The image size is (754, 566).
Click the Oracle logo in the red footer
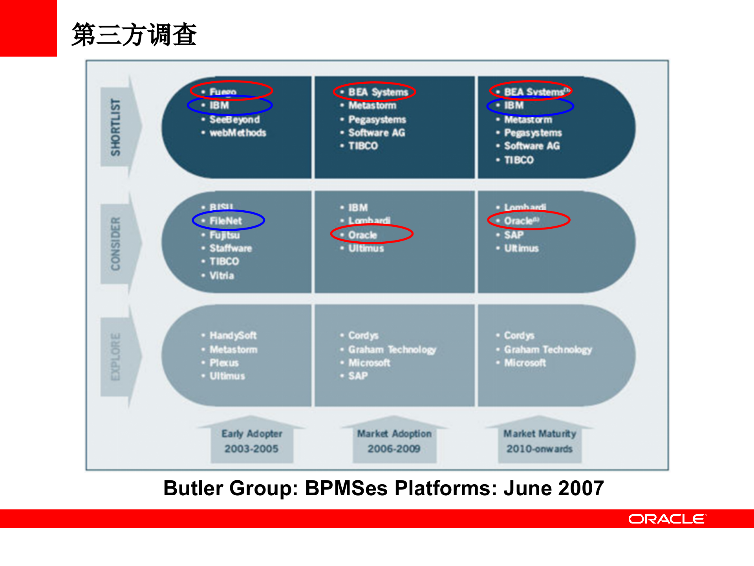click(666, 519)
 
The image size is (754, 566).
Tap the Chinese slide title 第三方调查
click(134, 35)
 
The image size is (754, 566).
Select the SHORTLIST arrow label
click(115, 127)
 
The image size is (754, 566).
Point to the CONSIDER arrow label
click(115, 243)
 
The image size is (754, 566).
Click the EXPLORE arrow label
click(115, 357)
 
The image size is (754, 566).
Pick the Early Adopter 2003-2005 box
click(252, 441)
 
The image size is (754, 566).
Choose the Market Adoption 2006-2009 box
click(394, 441)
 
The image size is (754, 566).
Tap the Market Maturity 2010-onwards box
click(540, 441)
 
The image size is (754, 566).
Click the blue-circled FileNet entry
click(226, 221)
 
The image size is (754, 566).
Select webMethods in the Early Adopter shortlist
click(238, 133)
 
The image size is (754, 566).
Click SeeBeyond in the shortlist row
click(234, 119)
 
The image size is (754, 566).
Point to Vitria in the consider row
click(222, 276)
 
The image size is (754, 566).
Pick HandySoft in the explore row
click(233, 335)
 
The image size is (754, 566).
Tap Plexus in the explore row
click(224, 363)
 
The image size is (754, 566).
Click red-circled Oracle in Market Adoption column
click(362, 235)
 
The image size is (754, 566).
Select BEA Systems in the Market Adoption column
click(378, 92)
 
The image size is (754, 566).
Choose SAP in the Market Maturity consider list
click(514, 235)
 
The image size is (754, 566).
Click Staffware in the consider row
click(231, 248)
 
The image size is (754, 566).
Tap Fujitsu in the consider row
click(224, 235)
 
